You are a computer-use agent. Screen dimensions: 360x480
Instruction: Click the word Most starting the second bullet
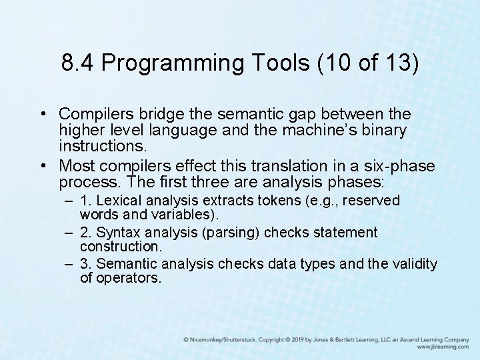coord(77,166)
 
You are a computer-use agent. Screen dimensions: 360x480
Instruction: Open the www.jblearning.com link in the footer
coord(443,347)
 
